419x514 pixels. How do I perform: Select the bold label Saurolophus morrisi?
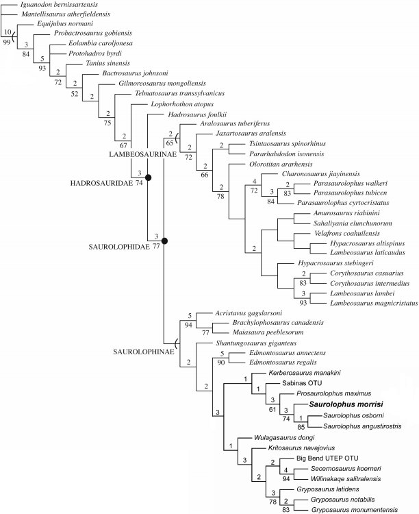coord(346,405)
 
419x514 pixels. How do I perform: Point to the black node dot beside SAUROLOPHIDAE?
coord(164,241)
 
